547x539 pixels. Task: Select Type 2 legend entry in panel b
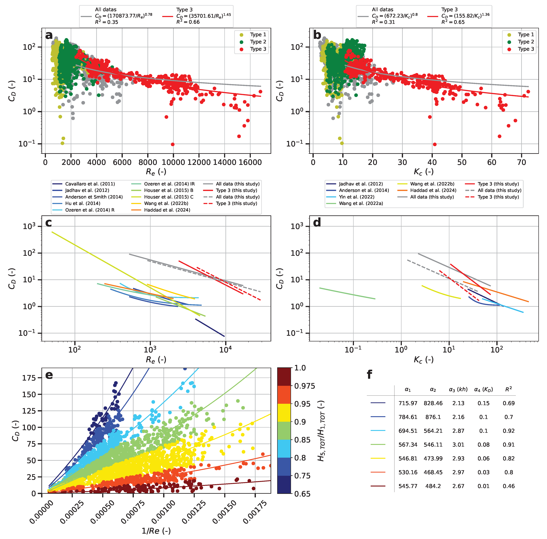click(x=525, y=42)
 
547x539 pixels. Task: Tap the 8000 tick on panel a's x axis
click(x=147, y=162)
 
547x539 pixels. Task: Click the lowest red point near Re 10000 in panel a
click(x=173, y=144)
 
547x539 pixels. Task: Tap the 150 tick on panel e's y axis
click(x=29, y=394)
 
